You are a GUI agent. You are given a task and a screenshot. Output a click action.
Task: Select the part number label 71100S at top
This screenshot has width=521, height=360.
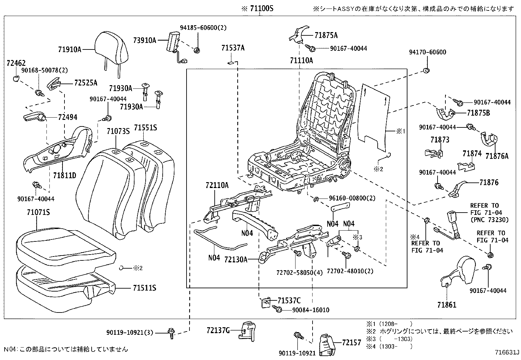257,9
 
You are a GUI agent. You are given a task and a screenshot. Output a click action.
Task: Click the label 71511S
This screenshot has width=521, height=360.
144,288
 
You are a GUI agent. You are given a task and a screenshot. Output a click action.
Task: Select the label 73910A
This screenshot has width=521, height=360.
145,40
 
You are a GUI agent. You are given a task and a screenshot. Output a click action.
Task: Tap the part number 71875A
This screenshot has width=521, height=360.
326,35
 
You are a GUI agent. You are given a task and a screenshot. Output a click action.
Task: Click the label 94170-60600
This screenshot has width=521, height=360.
427,52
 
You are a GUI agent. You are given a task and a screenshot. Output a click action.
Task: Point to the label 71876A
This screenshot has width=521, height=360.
497,156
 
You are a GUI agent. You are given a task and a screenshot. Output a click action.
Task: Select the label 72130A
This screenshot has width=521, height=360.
236,259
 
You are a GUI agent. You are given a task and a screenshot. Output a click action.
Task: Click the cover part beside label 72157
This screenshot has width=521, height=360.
326,345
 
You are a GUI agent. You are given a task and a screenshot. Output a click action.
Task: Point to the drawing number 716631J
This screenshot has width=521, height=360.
507,352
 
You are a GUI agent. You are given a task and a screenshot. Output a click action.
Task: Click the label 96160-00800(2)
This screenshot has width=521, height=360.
348,198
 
